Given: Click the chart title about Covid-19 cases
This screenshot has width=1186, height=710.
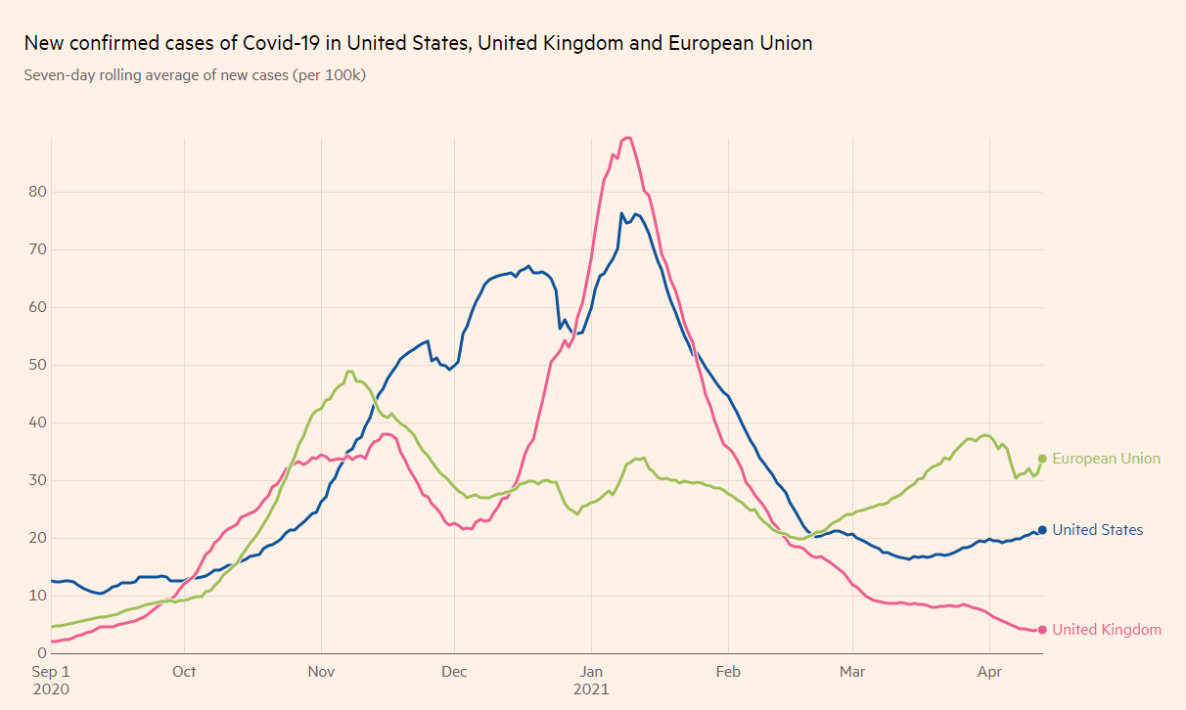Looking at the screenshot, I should click(418, 43).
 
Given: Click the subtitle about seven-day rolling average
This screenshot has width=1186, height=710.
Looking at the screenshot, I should click(195, 74).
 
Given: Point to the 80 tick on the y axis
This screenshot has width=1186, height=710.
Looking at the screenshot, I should click(36, 192).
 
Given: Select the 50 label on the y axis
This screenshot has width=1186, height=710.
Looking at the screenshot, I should click(36, 365).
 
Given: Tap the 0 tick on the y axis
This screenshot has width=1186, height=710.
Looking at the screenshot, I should click(41, 653).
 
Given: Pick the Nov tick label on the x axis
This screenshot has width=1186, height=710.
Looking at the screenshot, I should click(321, 672).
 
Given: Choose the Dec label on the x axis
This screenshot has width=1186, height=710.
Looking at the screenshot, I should click(454, 672).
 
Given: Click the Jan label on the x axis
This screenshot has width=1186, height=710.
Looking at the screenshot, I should click(591, 672).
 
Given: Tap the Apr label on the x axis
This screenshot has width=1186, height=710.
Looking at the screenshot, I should click(989, 672).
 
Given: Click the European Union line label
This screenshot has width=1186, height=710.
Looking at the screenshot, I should click(1106, 459).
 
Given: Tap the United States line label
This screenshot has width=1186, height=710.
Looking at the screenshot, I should click(1097, 530).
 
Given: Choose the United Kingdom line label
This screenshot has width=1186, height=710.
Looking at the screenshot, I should click(1107, 630).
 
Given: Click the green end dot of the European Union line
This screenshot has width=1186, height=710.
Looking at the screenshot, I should click(1042, 459).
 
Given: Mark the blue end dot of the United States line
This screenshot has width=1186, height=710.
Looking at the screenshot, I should click(1042, 530).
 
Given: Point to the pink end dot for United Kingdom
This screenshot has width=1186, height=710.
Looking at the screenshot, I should click(1042, 630).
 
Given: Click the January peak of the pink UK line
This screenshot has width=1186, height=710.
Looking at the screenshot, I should click(628, 138).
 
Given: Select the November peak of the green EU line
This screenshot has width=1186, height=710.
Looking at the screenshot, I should click(349, 372).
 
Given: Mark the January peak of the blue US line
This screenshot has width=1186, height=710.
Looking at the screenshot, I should click(622, 213).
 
